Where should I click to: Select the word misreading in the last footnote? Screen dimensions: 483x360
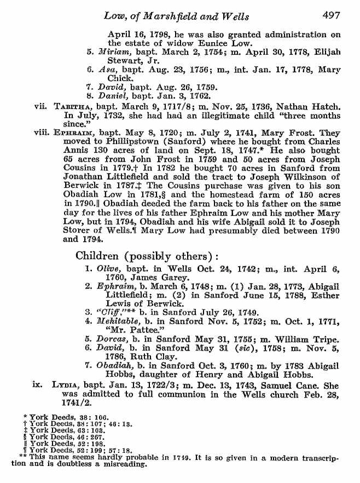click(x=127, y=464)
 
